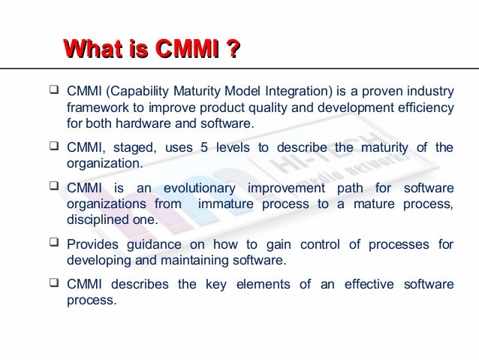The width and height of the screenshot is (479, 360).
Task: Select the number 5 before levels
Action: point(203,147)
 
